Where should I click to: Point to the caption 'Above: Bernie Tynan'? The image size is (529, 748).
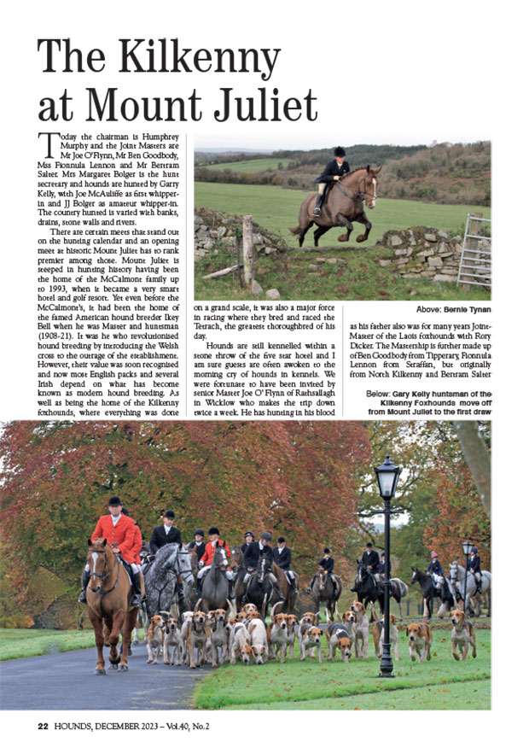[452, 309]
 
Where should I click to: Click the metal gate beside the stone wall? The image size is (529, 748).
[474, 251]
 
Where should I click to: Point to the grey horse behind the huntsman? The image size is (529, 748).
[171, 577]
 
